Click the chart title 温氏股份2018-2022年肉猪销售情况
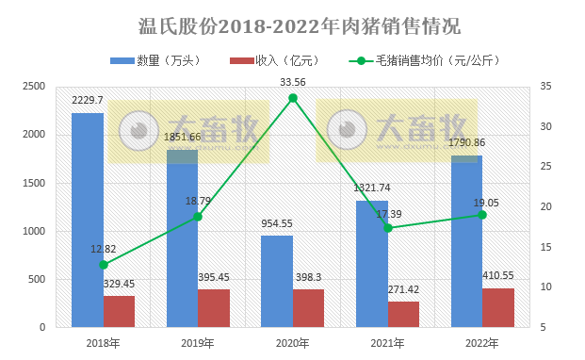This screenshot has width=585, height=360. (293, 23)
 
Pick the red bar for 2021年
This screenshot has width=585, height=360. (403, 314)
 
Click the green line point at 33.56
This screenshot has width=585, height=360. (293, 98)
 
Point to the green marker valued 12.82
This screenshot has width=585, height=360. (104, 265)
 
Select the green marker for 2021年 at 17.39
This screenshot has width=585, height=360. (387, 228)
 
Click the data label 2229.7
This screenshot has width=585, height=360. (89, 100)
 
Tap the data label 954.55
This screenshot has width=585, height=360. (277, 223)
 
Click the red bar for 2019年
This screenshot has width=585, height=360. (214, 308)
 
